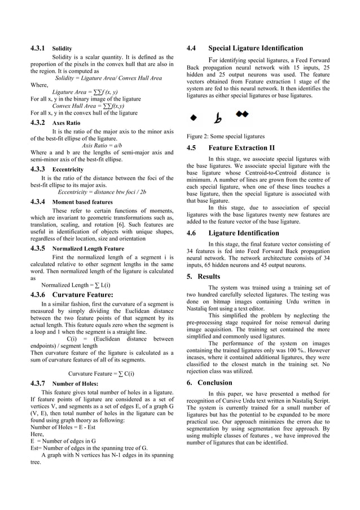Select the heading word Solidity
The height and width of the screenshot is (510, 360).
tap(62, 49)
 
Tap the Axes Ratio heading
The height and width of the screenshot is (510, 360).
tap(66, 123)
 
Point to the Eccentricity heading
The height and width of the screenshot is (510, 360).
tap(68, 169)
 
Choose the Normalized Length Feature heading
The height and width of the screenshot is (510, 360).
tap(88, 248)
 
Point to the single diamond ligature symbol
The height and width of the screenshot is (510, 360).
tap(194, 118)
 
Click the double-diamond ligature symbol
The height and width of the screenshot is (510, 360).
tap(242, 115)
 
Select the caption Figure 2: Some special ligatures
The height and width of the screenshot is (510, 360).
tap(225, 136)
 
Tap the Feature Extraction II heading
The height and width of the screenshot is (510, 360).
tap(242, 148)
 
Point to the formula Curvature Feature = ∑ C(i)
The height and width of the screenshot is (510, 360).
tap(101, 373)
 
